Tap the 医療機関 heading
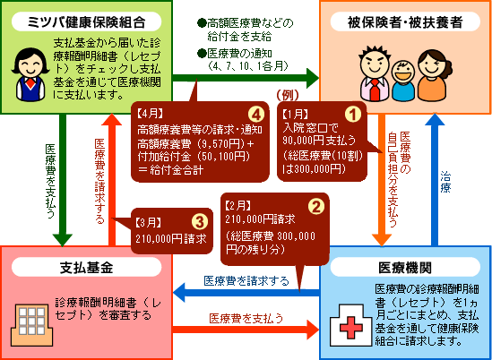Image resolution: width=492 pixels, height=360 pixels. pyautogui.click(x=409, y=266)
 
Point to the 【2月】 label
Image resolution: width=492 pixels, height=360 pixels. pyautogui.click(x=244, y=205)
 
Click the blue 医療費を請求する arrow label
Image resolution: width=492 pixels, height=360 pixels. pyautogui.click(x=246, y=281)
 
